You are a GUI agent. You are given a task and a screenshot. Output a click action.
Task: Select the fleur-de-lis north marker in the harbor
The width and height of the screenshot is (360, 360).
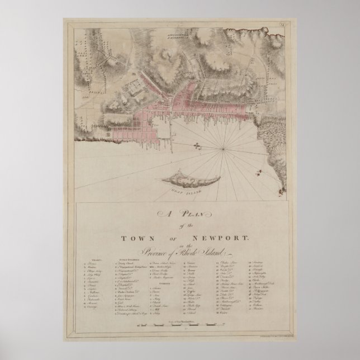point(196,146)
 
